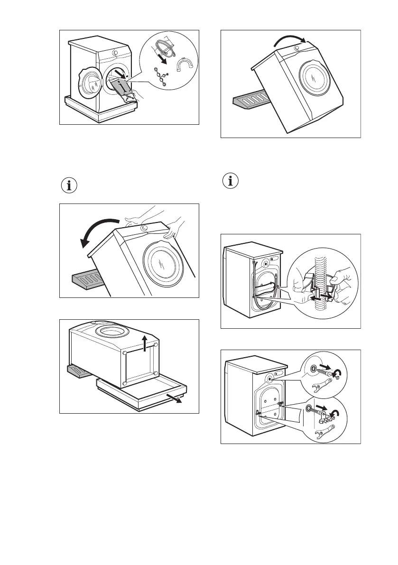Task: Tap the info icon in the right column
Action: tap(231, 181)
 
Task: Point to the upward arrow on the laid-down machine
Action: tap(144, 345)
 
